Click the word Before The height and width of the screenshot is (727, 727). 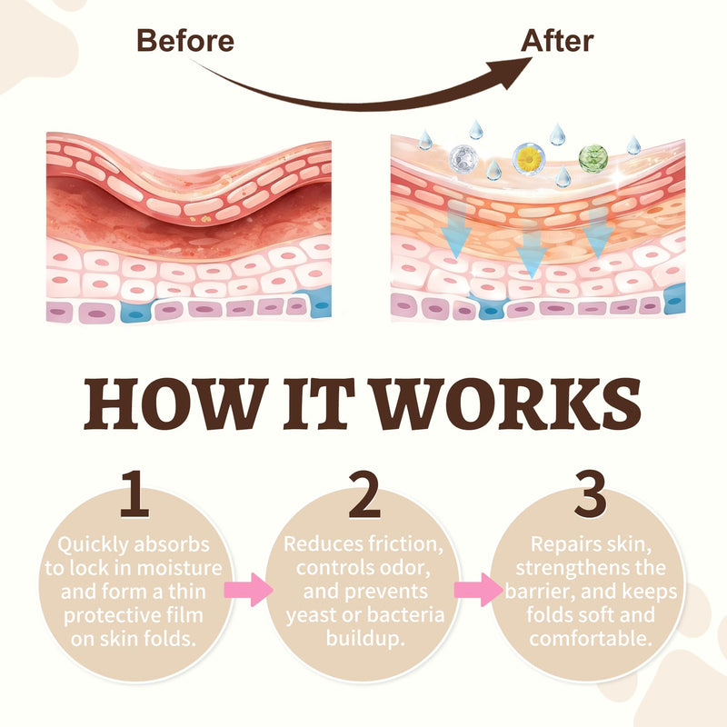(x=185, y=40)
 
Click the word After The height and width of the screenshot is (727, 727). (x=557, y=40)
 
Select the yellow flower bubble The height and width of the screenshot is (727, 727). (x=529, y=159)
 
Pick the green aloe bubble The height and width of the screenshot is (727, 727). (x=593, y=158)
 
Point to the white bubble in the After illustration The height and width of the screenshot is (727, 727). (x=463, y=158)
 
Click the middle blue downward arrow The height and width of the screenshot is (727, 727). (x=532, y=249)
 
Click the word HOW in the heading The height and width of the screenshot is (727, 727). (x=175, y=403)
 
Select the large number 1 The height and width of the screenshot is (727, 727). (x=134, y=493)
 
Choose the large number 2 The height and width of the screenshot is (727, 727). (x=365, y=493)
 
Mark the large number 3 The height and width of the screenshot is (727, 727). (x=590, y=493)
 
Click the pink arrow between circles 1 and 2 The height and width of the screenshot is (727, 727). (x=248, y=589)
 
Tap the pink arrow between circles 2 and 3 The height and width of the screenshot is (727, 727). (x=479, y=589)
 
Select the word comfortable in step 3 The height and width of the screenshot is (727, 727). (x=591, y=639)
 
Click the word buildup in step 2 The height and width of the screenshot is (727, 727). (x=365, y=639)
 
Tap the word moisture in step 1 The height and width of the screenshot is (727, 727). (x=180, y=568)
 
